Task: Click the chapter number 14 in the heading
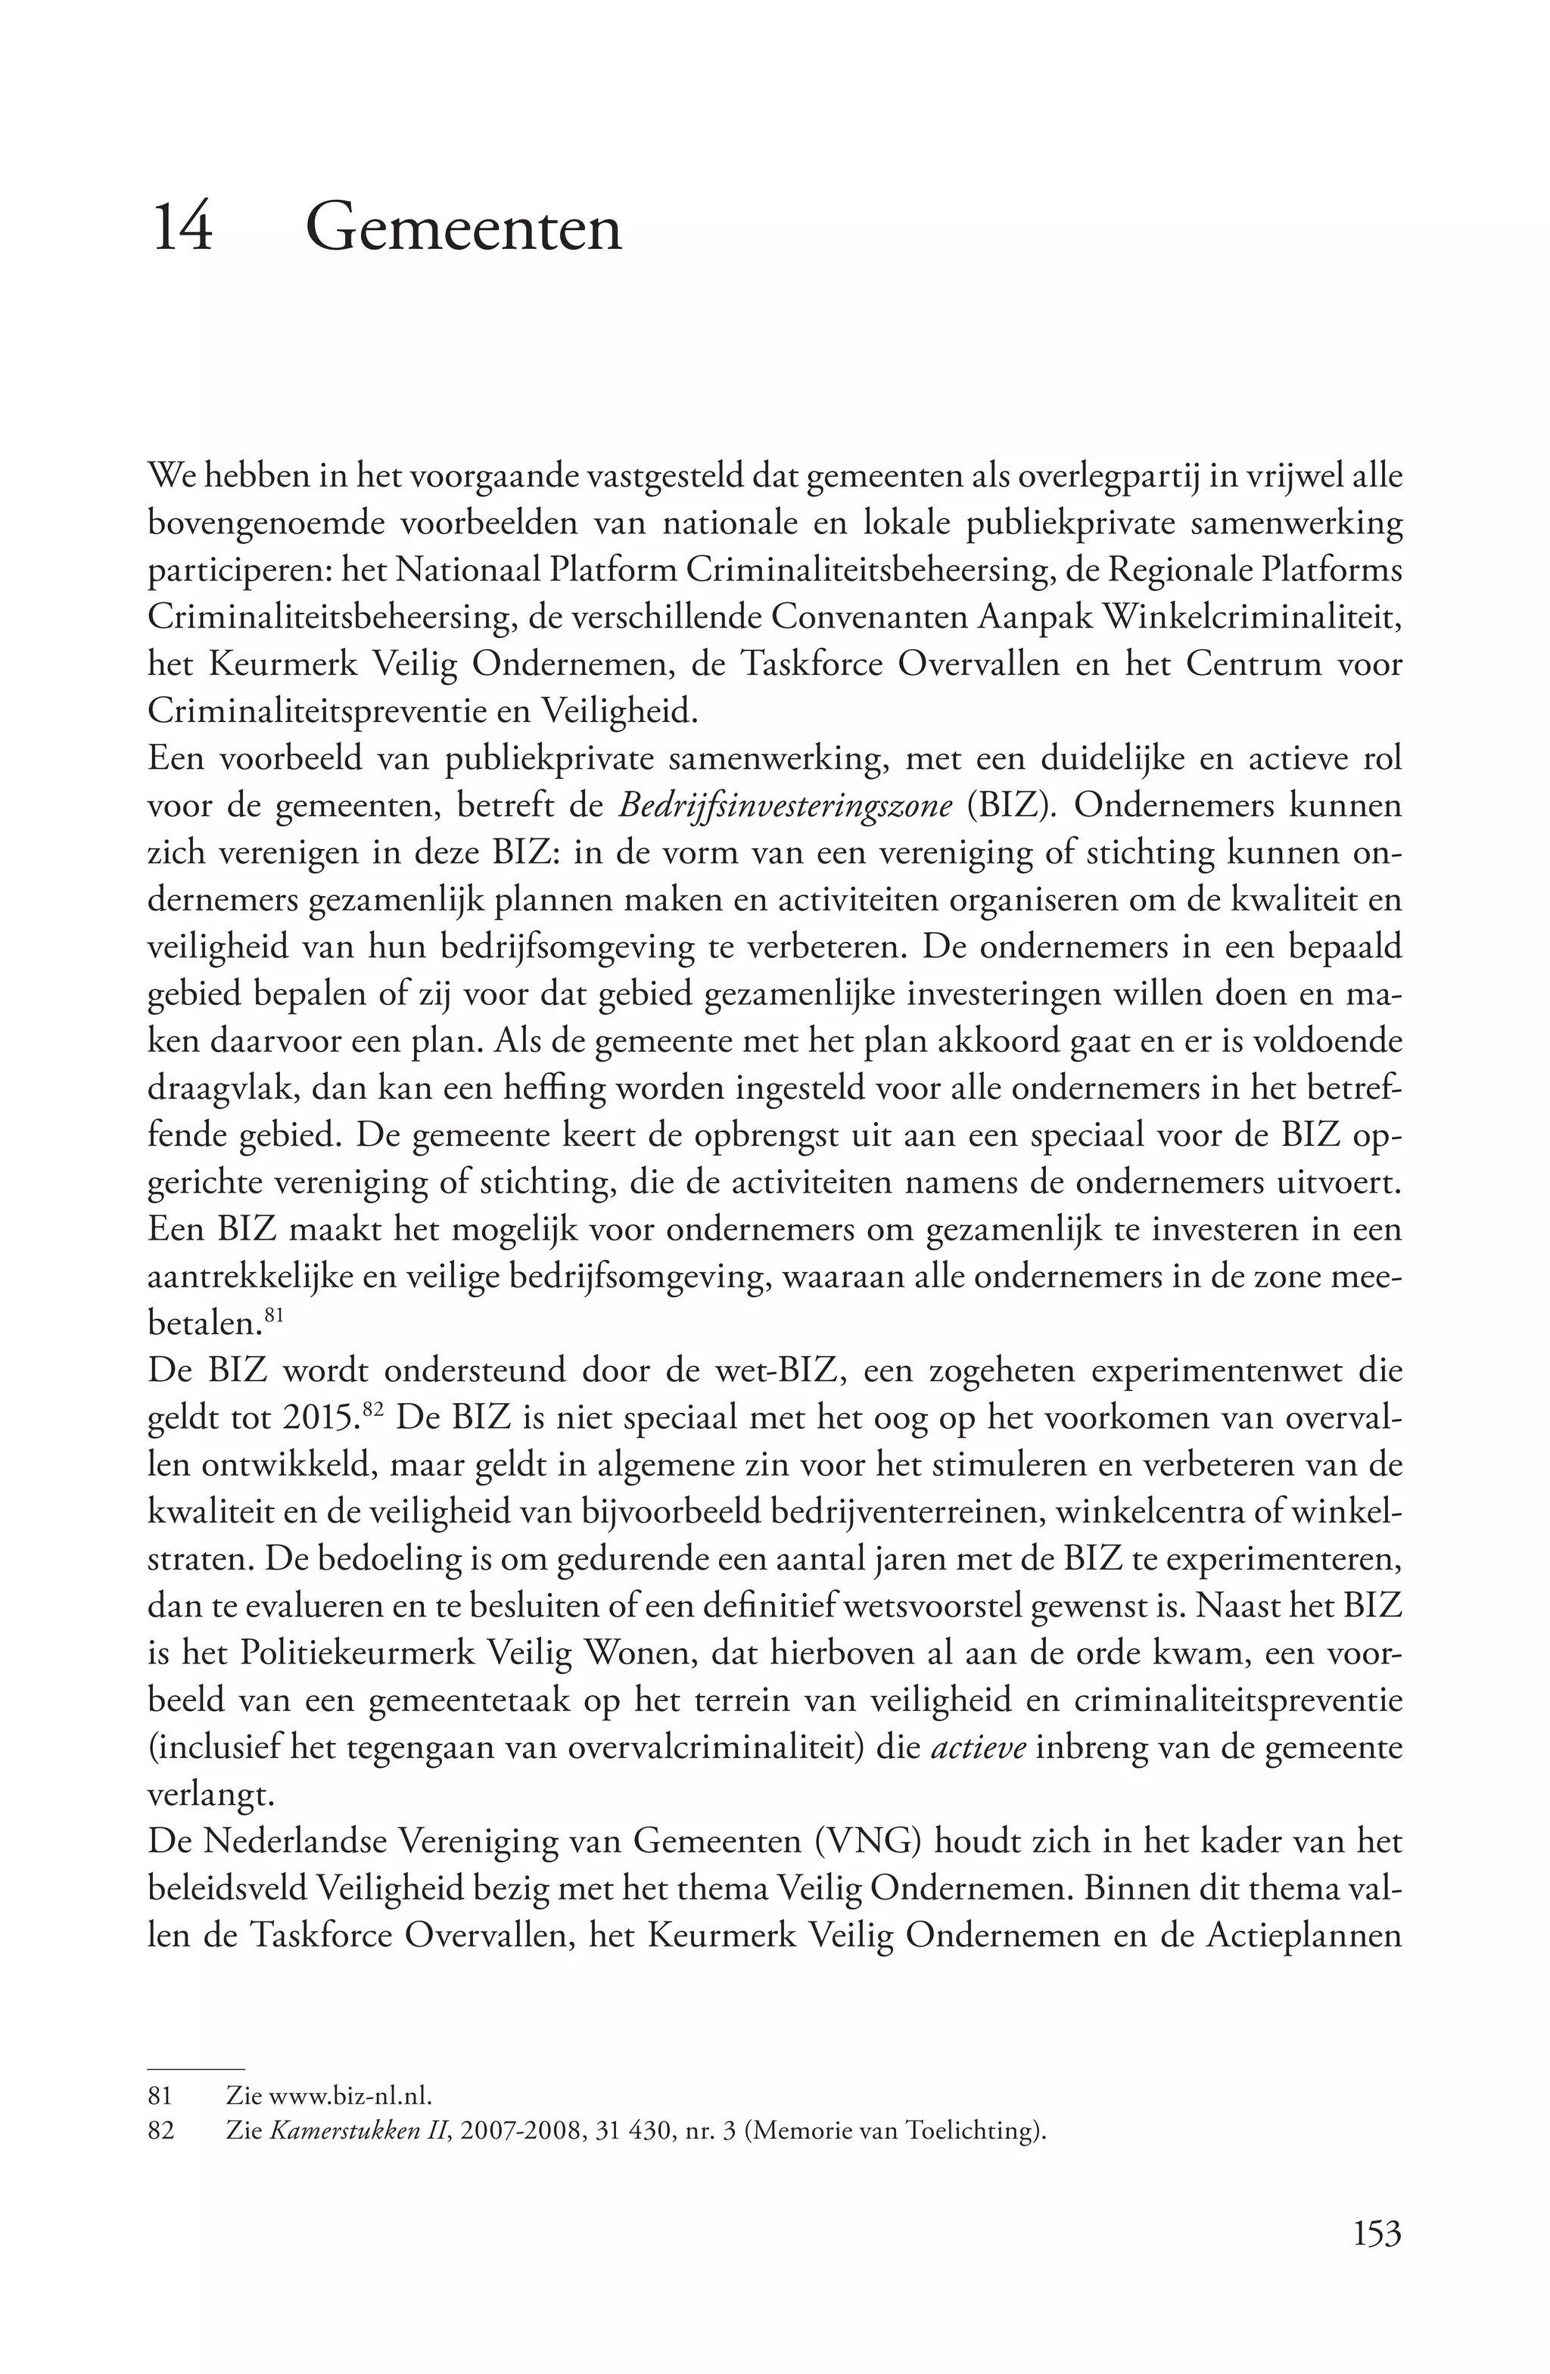pos(182,228)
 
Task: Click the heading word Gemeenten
pos(464,228)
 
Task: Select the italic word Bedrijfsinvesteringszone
pos(785,805)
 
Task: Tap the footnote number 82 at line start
pos(160,2130)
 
